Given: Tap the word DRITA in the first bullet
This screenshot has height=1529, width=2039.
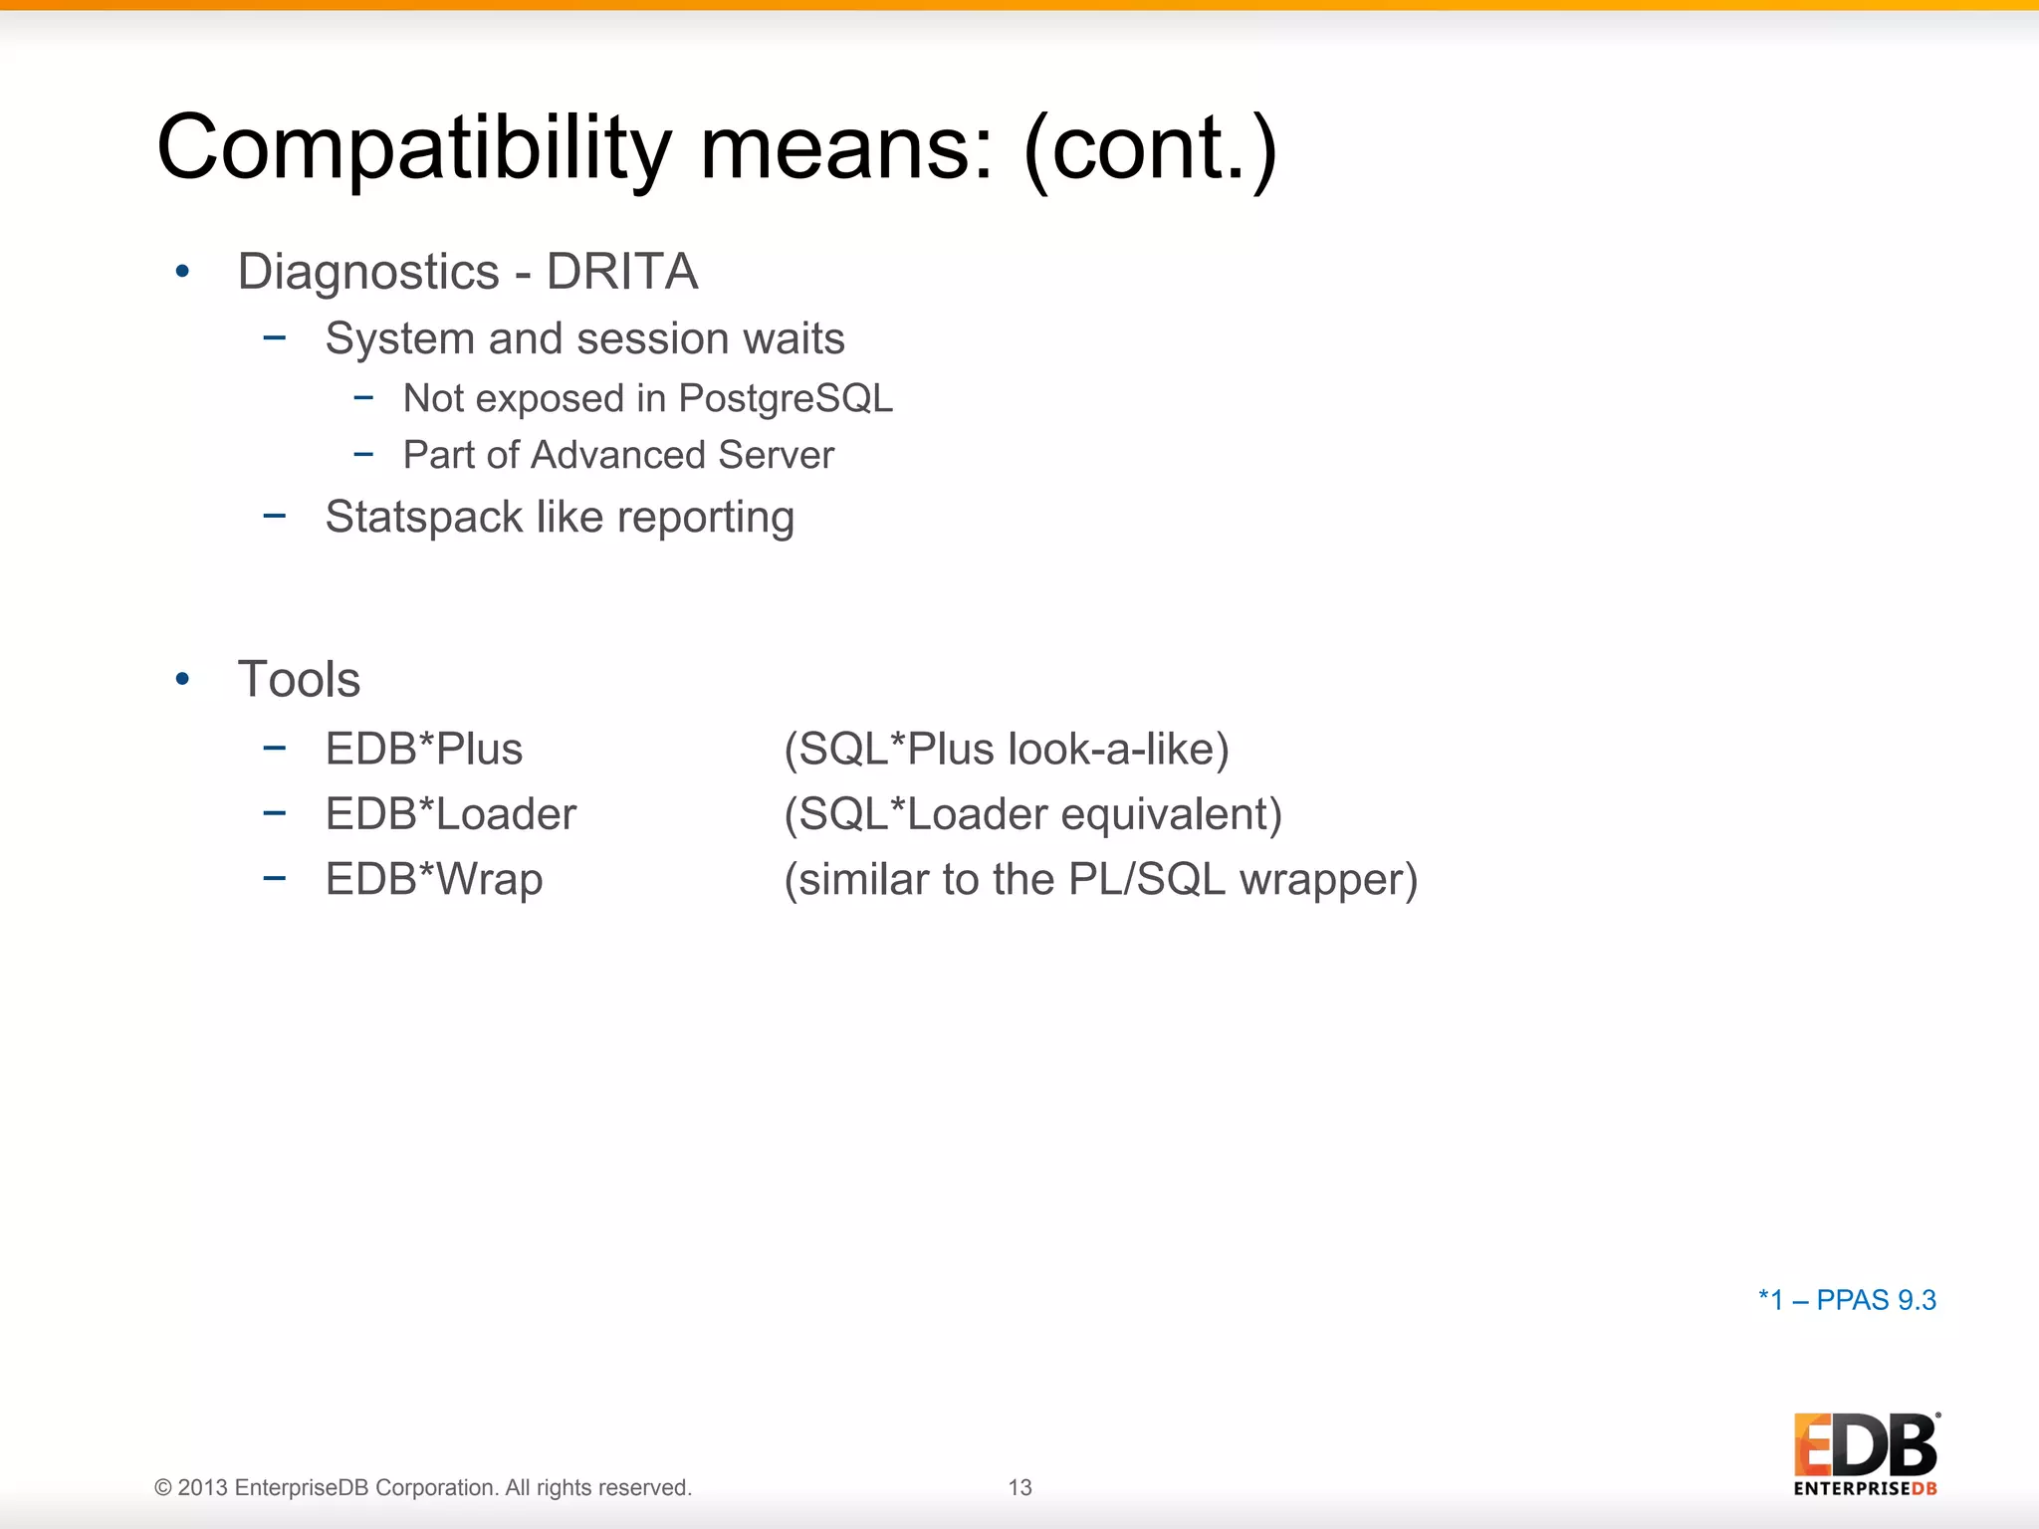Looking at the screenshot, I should point(622,272).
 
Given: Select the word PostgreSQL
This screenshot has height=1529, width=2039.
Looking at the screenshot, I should point(786,398).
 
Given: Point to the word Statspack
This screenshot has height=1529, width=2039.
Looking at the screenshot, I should point(423,518).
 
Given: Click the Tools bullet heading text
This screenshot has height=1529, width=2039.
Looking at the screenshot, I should point(299,680).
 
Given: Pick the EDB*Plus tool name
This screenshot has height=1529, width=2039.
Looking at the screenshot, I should point(424,750).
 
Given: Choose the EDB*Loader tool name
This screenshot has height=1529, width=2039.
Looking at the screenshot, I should point(451,814).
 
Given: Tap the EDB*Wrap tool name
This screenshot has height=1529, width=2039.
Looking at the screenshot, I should point(434,880).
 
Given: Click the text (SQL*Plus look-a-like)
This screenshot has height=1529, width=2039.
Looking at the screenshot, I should point(1007,750).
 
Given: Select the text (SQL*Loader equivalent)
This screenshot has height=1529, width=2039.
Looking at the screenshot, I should point(1032,814).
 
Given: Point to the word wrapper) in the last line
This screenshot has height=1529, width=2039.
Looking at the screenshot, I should point(1328,880).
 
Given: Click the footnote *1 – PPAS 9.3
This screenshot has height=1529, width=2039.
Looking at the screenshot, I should point(1847,1300).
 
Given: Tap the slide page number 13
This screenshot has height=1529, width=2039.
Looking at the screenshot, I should point(1019,1487).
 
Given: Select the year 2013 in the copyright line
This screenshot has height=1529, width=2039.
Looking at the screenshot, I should point(203,1487).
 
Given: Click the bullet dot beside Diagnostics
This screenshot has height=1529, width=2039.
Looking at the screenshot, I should point(182,272).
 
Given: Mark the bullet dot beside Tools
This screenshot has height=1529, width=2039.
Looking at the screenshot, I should point(182,680).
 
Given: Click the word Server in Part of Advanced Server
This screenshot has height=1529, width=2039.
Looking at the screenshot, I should point(776,455).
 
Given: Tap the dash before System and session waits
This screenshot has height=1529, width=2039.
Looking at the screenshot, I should point(275,338).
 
